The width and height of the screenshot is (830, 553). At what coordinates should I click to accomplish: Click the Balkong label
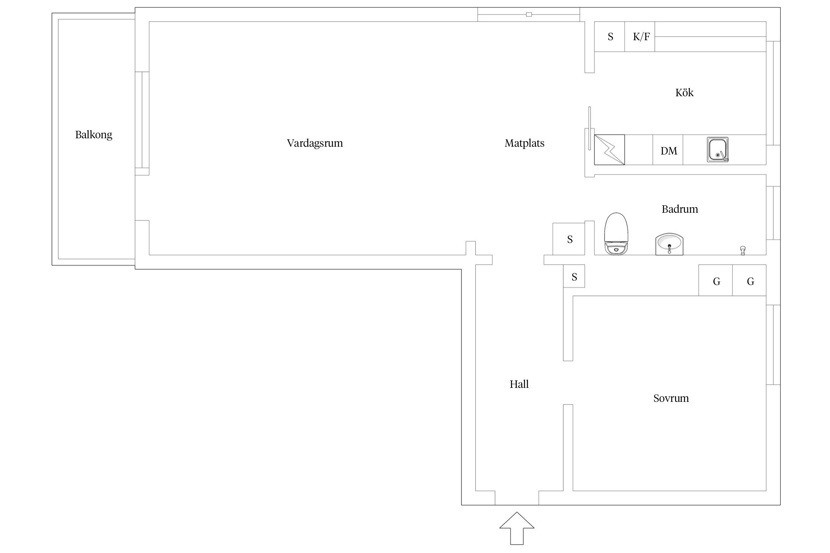tap(94, 135)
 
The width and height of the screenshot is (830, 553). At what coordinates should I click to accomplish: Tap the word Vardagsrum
tap(315, 143)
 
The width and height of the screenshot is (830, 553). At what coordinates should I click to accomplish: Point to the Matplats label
tap(525, 143)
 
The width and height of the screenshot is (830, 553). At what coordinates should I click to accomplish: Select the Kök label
tap(684, 92)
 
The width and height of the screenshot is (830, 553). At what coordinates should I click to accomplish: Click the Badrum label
tap(680, 209)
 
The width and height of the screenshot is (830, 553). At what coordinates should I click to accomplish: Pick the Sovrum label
tap(671, 398)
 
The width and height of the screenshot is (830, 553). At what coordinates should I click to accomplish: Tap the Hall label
tap(519, 384)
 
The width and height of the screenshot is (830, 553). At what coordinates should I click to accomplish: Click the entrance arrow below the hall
tap(517, 528)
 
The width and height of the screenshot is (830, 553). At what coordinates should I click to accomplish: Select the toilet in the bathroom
tap(616, 233)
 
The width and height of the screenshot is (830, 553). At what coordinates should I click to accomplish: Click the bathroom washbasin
tap(670, 244)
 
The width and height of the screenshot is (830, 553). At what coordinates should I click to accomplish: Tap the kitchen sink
tap(718, 150)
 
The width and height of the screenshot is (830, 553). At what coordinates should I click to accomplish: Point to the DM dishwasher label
tap(669, 151)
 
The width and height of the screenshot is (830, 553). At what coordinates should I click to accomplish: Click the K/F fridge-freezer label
tap(641, 36)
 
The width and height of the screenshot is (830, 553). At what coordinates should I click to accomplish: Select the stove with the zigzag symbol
tap(609, 150)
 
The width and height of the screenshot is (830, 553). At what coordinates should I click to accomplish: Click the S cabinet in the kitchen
tap(610, 36)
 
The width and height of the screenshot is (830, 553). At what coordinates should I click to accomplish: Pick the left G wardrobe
tap(716, 281)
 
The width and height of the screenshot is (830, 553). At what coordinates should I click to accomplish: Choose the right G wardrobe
tap(750, 281)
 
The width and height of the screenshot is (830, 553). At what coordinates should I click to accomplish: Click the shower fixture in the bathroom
tap(743, 251)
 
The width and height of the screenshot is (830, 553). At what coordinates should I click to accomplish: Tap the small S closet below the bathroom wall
tap(574, 276)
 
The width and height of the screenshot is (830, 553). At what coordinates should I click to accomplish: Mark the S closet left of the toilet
tap(569, 239)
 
